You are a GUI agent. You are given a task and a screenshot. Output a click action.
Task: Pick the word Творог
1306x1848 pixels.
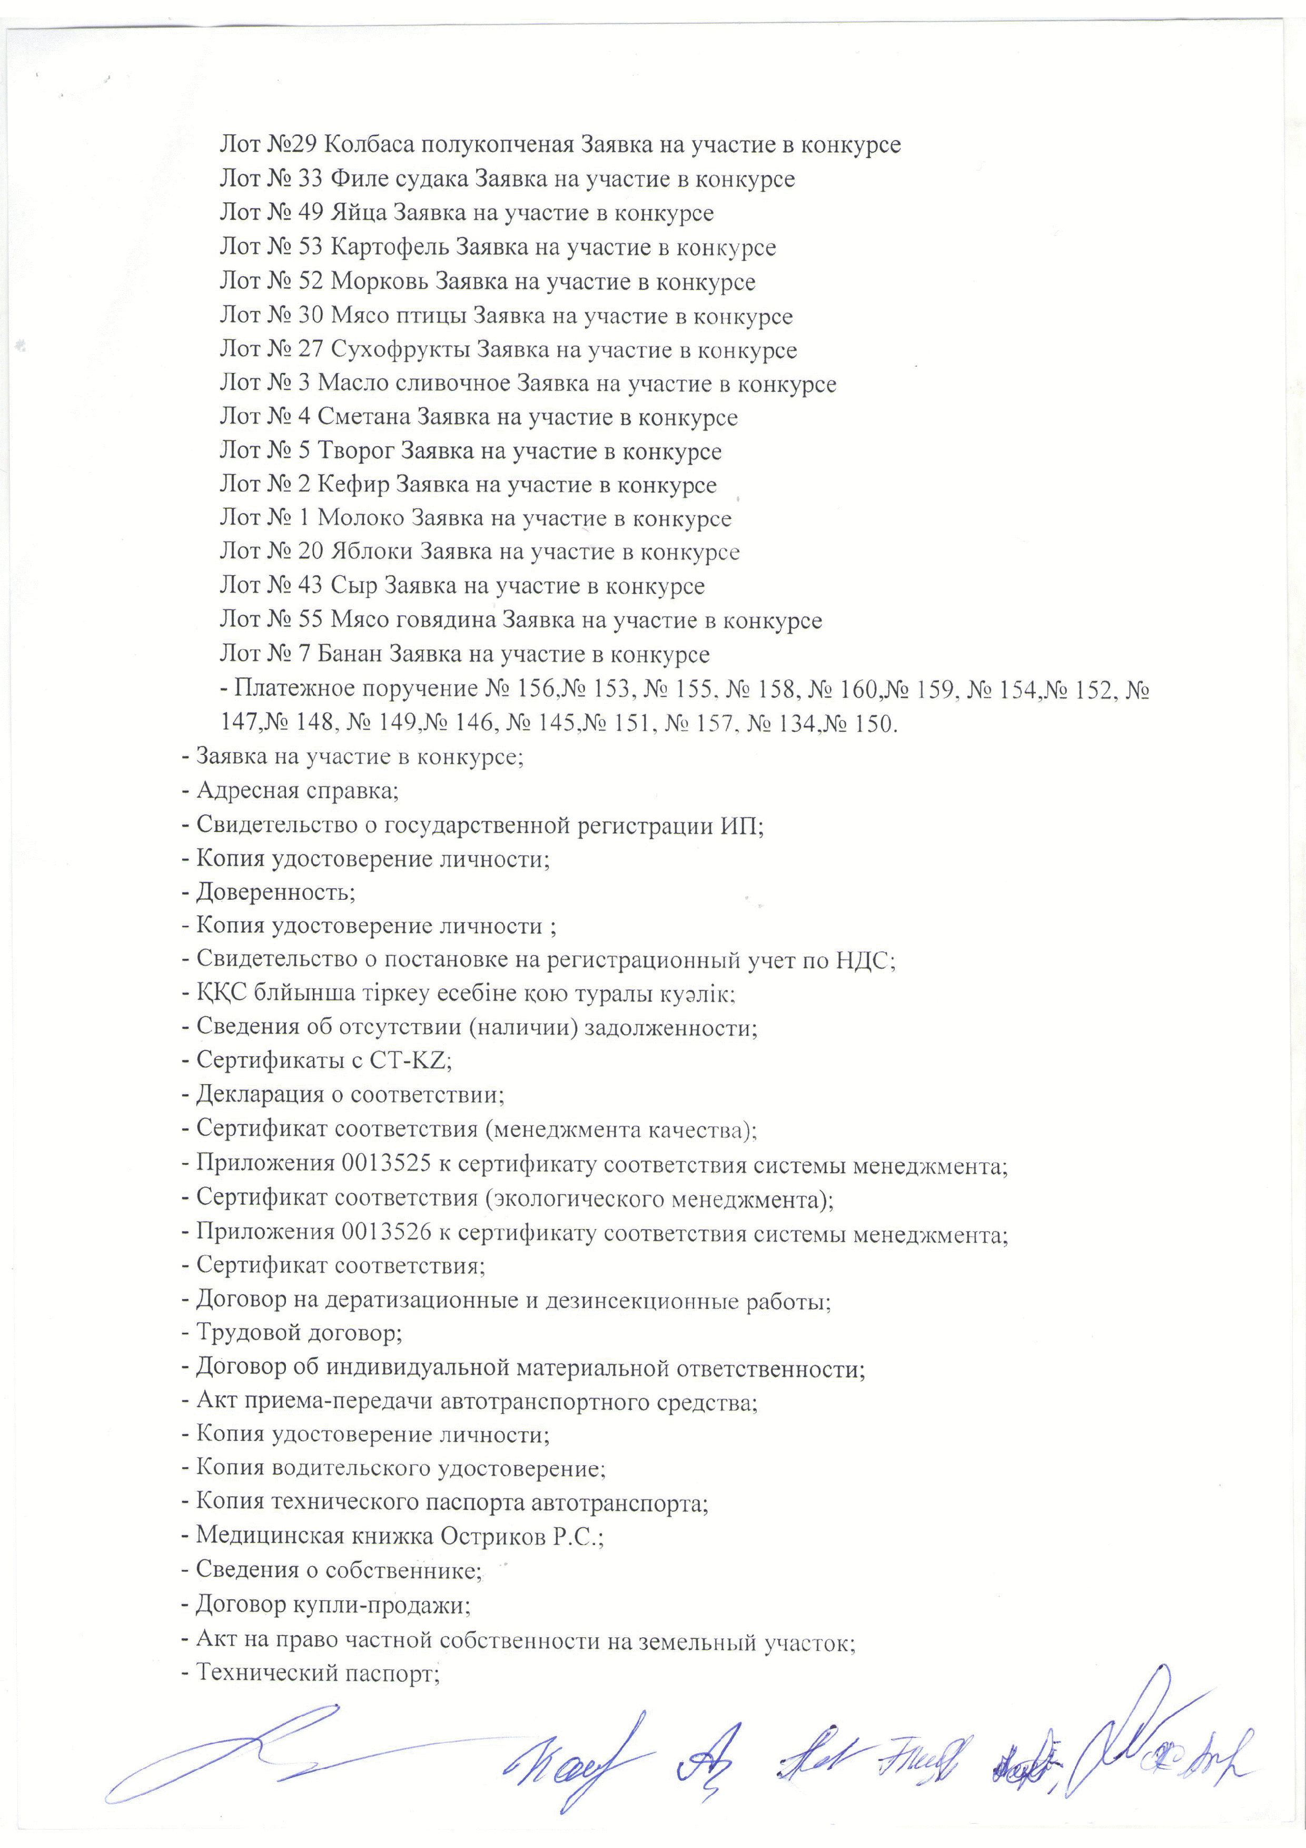click(x=357, y=451)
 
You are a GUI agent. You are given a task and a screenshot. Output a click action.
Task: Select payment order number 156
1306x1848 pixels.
click(x=535, y=690)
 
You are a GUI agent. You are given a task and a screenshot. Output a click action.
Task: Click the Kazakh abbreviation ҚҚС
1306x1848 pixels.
click(x=220, y=994)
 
